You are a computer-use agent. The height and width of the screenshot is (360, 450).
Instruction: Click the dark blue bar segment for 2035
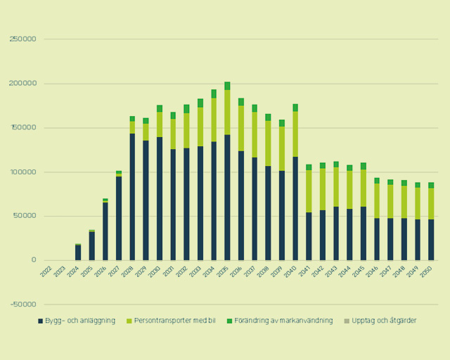point(227,197)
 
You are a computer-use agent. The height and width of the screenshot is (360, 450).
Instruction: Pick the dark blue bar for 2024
point(78,252)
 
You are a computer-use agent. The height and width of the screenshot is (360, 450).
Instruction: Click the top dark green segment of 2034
point(214,94)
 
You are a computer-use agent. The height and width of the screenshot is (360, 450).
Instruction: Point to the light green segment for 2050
point(431,204)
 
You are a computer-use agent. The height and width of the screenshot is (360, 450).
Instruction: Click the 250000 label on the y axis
point(23,39)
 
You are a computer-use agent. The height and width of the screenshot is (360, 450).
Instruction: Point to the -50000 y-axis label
point(22,304)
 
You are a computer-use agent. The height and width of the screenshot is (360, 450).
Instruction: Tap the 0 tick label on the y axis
point(33,260)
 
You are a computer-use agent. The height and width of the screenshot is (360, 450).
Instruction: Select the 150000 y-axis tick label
point(23,128)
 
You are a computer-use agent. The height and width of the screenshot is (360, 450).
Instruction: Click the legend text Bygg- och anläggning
point(79,321)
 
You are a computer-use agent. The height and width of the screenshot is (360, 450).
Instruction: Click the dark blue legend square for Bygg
point(40,321)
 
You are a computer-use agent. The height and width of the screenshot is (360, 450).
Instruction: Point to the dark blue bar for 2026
point(105,231)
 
